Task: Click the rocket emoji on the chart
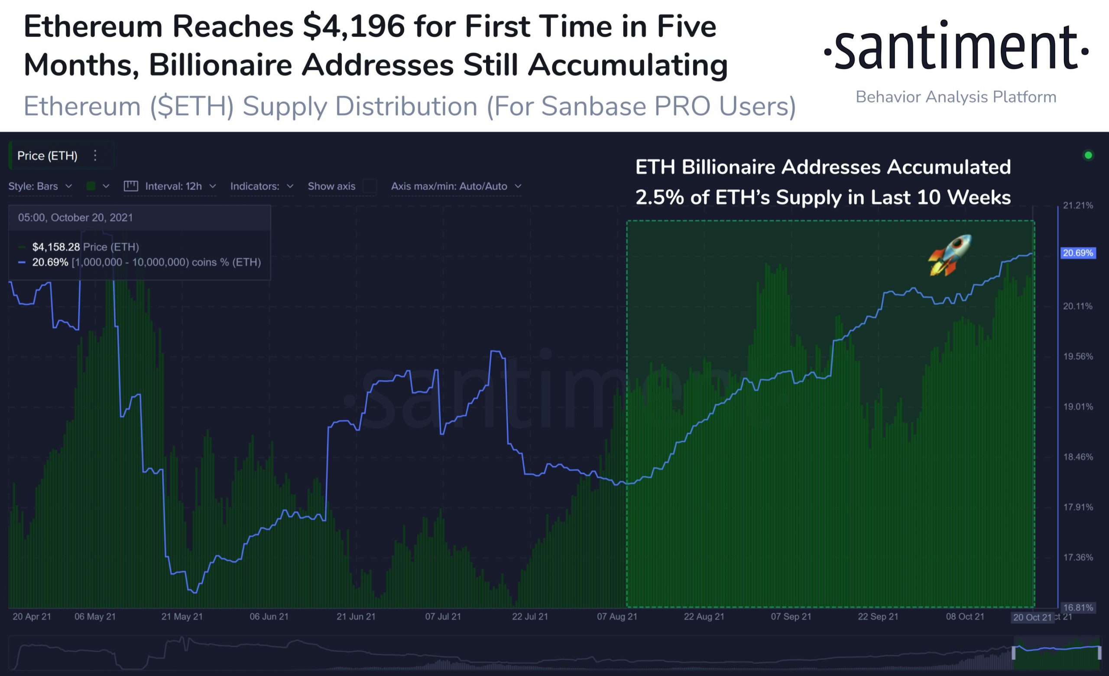(x=950, y=255)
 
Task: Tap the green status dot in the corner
(x=1088, y=155)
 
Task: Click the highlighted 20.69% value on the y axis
(x=1078, y=253)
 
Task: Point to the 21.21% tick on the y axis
(x=1078, y=206)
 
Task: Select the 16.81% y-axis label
(x=1078, y=607)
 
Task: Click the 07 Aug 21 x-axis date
(x=617, y=617)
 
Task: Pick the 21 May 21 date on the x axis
(x=182, y=617)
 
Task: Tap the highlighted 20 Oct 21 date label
(x=1032, y=617)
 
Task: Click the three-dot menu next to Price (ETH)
(x=95, y=155)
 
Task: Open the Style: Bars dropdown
(x=40, y=186)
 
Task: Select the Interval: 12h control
(x=170, y=186)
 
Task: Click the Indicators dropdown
(x=262, y=186)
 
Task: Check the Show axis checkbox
(x=370, y=186)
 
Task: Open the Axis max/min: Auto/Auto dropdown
(x=456, y=186)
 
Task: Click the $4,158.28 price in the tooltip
(x=56, y=247)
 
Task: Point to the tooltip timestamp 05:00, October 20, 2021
(x=76, y=218)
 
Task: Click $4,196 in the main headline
(x=354, y=26)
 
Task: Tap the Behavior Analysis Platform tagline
(x=956, y=97)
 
